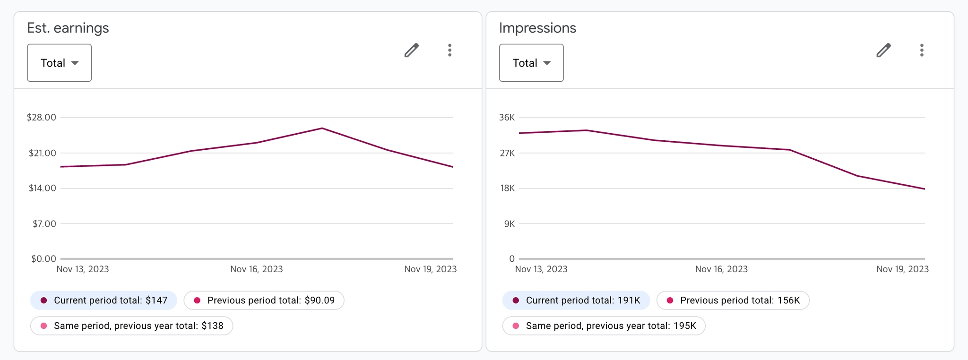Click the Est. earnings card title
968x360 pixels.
(x=68, y=28)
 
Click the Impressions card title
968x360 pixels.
(x=537, y=28)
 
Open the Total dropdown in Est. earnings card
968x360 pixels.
(x=59, y=63)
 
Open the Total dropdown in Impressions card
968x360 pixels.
(x=531, y=63)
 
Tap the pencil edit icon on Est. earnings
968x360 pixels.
(x=412, y=50)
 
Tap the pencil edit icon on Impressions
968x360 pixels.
(x=883, y=50)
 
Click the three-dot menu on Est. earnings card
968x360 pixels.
(x=449, y=50)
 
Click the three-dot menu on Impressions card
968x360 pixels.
(x=922, y=50)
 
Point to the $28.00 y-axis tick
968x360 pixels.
(x=41, y=117)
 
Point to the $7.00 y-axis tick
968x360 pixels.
(x=44, y=223)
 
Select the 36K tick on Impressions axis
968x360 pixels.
(x=507, y=117)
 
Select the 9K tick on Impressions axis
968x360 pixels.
(x=509, y=223)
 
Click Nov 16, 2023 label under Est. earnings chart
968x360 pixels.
(x=256, y=269)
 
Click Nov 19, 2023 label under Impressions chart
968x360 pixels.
(x=902, y=269)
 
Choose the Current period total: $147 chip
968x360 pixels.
(x=104, y=300)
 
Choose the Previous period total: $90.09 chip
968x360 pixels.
(x=264, y=300)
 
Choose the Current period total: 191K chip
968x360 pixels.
(x=576, y=300)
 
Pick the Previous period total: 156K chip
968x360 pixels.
(x=733, y=300)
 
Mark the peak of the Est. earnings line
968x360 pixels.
(x=322, y=128)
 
